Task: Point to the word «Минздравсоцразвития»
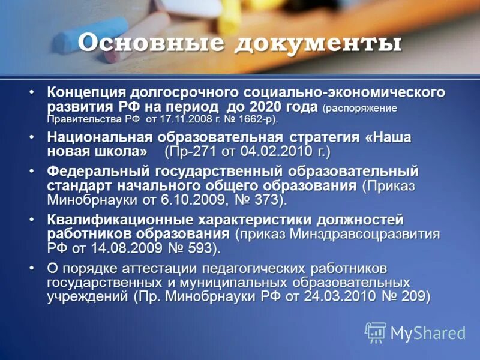click(x=367, y=233)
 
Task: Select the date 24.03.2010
click(x=337, y=296)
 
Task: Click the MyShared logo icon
click(x=376, y=332)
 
